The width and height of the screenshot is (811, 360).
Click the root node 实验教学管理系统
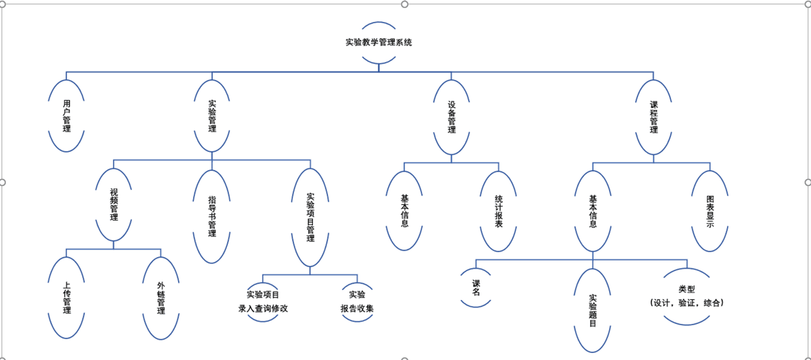[379, 42]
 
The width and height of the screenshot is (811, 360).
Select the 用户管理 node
[67, 115]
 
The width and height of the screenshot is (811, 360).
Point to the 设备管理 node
[451, 118]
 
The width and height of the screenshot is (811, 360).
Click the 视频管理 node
[114, 204]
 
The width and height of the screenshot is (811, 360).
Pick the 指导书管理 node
[212, 216]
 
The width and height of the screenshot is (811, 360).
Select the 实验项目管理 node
[310, 217]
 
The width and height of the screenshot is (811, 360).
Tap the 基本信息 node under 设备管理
[404, 211]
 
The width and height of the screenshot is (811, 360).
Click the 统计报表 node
[499, 211]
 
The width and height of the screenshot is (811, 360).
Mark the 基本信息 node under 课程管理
[593, 211]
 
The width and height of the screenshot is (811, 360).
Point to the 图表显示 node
[710, 211]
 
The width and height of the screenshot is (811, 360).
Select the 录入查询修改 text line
[263, 308]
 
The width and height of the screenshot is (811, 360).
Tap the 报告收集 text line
[357, 308]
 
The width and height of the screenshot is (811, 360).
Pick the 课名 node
[476, 288]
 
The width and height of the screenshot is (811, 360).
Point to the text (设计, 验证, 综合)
[686, 303]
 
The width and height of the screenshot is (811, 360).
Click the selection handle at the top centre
[405, 4]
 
